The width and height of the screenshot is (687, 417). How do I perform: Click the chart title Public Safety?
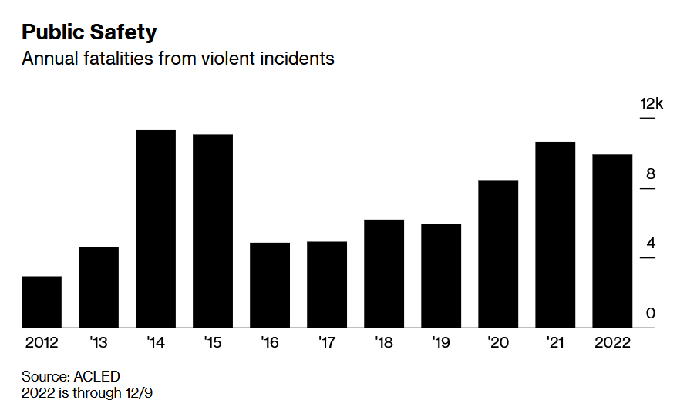click(89, 32)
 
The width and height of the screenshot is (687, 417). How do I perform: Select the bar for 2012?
click(42, 302)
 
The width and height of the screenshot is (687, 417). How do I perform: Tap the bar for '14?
click(156, 229)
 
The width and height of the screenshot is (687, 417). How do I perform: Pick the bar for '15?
click(213, 231)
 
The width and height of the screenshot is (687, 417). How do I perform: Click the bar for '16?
click(270, 285)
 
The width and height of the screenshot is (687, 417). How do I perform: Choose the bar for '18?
click(384, 274)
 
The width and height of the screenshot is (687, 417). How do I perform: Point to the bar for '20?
click(498, 254)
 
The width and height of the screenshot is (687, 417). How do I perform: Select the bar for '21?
click(555, 235)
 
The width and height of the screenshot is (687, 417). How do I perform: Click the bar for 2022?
click(612, 241)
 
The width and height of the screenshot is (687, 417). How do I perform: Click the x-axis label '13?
click(99, 342)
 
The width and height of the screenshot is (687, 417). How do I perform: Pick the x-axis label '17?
click(327, 342)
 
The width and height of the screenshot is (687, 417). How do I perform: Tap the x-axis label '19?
click(441, 342)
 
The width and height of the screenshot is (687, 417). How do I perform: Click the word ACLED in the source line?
click(97, 376)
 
